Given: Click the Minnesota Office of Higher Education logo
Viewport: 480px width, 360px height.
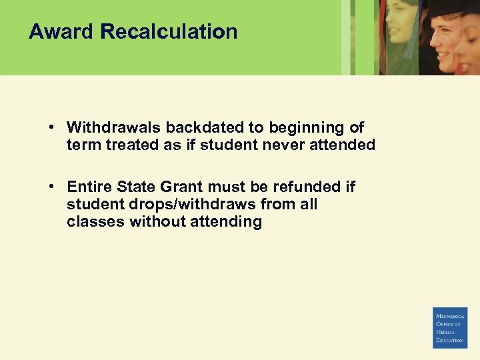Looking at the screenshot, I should (x=450, y=327).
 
